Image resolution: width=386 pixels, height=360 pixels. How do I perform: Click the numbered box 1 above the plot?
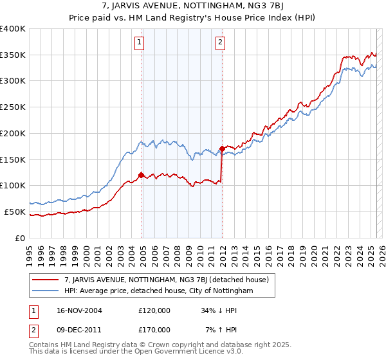(x=139, y=43)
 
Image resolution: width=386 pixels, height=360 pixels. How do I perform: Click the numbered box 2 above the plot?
(x=220, y=43)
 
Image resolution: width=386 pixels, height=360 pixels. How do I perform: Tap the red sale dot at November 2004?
(x=141, y=174)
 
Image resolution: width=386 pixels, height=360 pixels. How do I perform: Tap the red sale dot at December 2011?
(x=222, y=148)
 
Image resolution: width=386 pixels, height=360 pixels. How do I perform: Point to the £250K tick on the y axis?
(x=13, y=107)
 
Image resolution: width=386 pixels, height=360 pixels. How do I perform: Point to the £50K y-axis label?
(x=15, y=212)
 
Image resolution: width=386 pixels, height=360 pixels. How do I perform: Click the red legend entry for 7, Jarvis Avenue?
(x=170, y=279)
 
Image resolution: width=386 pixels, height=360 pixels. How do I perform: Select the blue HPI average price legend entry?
(x=159, y=291)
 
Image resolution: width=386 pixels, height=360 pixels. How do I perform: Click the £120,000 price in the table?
(x=154, y=310)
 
